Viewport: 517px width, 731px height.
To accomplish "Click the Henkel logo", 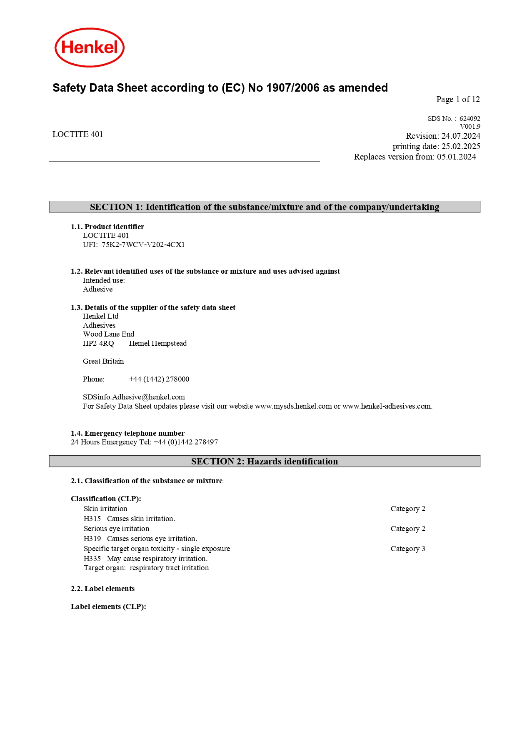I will point(90,47).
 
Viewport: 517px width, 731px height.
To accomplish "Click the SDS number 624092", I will point(470,119).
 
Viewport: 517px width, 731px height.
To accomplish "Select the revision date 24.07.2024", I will point(461,136).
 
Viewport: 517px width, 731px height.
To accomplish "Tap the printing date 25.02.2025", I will point(461,147).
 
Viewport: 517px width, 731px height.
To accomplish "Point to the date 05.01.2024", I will point(456,157).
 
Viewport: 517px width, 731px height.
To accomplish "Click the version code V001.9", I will point(470,127).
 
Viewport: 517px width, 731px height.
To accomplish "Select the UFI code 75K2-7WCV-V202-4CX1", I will point(143,245).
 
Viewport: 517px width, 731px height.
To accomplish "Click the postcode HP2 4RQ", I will point(98,344).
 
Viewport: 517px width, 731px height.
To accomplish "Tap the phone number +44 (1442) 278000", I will point(159,379).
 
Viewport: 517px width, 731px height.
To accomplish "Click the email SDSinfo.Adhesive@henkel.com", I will point(134,397).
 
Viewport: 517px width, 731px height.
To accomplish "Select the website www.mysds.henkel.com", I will point(293,407).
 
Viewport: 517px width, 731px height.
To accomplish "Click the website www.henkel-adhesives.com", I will point(387,407).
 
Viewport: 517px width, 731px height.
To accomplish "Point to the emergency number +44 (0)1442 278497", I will point(186,442).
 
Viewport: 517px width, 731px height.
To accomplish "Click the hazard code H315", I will point(92,519).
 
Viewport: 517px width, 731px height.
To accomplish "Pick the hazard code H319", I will point(92,539).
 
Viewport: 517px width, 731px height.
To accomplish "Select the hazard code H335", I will point(92,559).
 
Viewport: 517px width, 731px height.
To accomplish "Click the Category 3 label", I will point(408,549).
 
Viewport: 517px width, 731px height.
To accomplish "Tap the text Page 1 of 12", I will point(458,100).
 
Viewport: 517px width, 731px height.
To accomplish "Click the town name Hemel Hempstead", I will point(158,344).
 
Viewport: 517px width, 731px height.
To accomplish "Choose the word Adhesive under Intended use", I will point(98,289).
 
